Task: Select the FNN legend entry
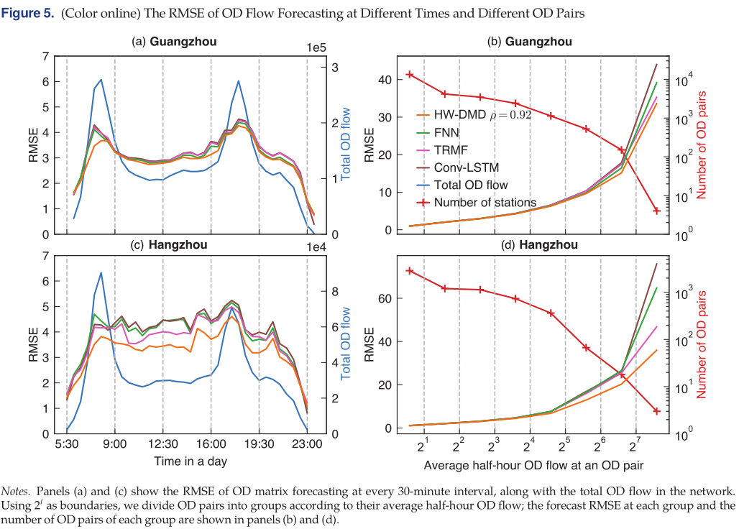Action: tap(446, 132)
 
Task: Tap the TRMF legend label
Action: tap(449, 149)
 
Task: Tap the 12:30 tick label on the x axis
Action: tap(163, 444)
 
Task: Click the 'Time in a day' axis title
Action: tap(187, 461)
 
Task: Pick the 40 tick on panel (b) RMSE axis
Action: tap(390, 80)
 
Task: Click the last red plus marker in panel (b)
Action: tap(656, 210)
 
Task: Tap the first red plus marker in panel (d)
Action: tap(410, 271)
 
